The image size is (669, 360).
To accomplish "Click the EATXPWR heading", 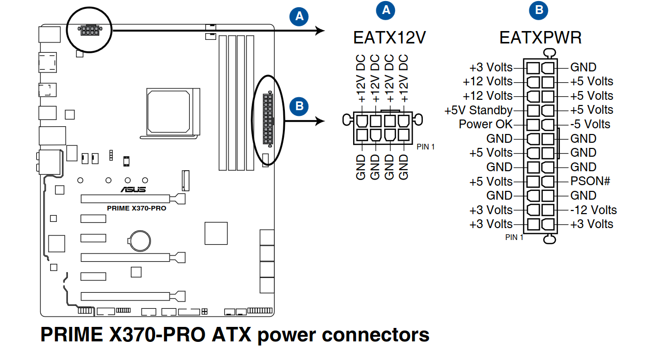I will tap(540, 38).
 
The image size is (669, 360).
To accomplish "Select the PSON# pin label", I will tap(590, 181).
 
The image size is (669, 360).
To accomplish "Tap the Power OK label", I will tap(485, 124).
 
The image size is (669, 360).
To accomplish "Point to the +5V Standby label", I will tap(478, 110).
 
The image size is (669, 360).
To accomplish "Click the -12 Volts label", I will tap(594, 210).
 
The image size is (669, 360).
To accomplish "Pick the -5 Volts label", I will tap(590, 124).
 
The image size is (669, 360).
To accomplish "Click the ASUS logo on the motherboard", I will tap(133, 189).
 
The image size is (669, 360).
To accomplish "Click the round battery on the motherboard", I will tap(139, 238).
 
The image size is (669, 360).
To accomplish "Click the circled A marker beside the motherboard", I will tap(299, 17).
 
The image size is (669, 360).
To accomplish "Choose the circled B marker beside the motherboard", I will tap(298, 106).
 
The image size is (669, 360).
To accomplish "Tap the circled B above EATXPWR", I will tap(539, 10).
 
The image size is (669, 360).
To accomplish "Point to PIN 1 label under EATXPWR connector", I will tap(514, 237).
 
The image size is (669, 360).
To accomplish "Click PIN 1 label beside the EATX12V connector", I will tap(425, 146).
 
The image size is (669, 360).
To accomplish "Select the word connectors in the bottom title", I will tap(376, 335).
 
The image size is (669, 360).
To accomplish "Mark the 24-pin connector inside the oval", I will tap(267, 119).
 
